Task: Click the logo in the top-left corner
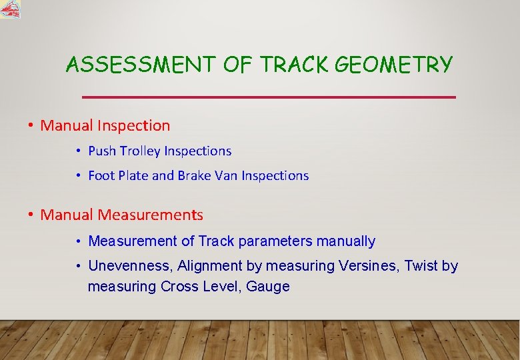(x=10, y=9)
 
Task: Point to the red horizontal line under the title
(x=268, y=97)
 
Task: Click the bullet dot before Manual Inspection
(x=31, y=125)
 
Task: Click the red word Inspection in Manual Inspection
(x=133, y=125)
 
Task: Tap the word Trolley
(x=140, y=151)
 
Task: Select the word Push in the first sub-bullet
(x=102, y=151)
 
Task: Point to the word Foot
(x=101, y=176)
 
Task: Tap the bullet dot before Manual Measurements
(x=31, y=215)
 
